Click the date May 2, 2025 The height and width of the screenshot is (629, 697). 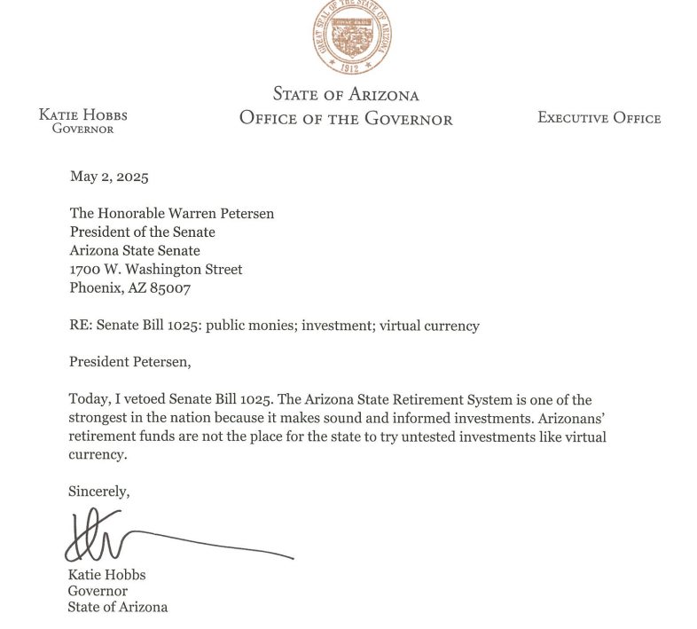click(109, 176)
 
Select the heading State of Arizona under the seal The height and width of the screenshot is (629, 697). click(346, 94)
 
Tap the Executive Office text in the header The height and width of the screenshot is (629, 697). click(599, 118)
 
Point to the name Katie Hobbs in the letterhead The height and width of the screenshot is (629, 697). click(83, 115)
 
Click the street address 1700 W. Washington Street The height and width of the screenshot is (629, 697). click(156, 269)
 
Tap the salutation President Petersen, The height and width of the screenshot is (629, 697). click(129, 362)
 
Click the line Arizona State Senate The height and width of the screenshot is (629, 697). click(135, 250)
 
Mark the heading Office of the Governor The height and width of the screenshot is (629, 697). click(346, 119)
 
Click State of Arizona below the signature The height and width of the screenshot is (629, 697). click(118, 608)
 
